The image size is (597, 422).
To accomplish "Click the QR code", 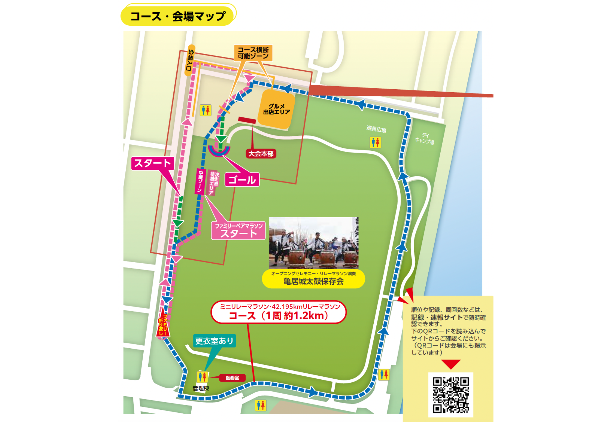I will coord(451,395).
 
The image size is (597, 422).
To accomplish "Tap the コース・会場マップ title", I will coord(178,16).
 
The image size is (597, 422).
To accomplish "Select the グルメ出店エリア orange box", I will coord(276,110).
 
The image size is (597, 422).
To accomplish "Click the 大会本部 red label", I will coord(261,154).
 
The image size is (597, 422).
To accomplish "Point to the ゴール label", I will coord(242,180).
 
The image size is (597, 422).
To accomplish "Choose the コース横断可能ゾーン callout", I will coord(253,53).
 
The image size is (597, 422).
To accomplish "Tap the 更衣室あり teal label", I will coord(214,341).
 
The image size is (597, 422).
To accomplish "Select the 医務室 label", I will coord(232,378).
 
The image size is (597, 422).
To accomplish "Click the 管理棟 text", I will coord(201,388).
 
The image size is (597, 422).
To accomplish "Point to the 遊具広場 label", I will coord(376,129).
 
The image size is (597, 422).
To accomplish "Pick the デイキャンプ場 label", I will coord(425,139).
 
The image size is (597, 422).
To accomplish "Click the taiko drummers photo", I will coord(313,243).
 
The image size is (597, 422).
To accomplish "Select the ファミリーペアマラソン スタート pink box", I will coord(239,231).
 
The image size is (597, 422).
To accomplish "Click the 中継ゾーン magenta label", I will coord(200,181).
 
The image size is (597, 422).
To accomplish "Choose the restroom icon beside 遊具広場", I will coord(375,142).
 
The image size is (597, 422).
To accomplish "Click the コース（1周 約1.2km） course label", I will coord(279,312).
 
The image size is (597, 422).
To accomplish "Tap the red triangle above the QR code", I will coord(451,364).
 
